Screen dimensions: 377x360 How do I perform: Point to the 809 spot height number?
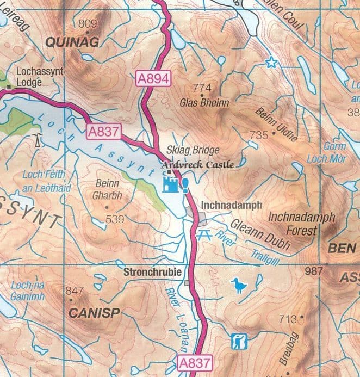click(x=88, y=23)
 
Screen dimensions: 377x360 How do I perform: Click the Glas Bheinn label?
click(x=204, y=102)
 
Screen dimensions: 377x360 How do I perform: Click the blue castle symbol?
click(x=171, y=183)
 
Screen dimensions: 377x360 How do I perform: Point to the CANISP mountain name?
click(x=94, y=313)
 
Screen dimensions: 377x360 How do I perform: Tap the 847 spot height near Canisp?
click(x=75, y=291)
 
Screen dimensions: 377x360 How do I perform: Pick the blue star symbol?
click(x=270, y=63)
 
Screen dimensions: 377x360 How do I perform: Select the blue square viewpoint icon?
click(x=239, y=342)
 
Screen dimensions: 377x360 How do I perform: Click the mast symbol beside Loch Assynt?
click(x=37, y=140)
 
